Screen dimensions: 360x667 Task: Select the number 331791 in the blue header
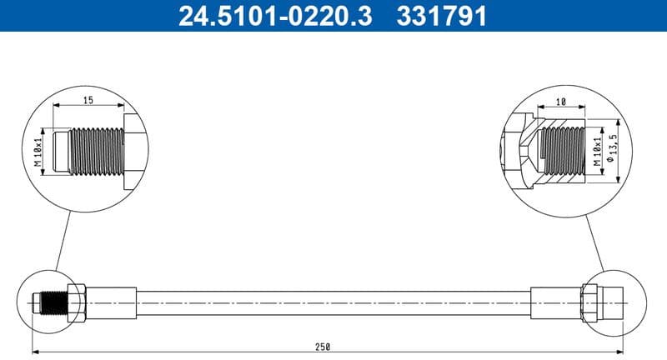pyautogui.click(x=439, y=16)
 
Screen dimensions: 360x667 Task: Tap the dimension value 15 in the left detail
pyautogui.click(x=88, y=100)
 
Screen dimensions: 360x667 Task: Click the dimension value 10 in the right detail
pyautogui.click(x=561, y=101)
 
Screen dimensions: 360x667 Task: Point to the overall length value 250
pyautogui.click(x=323, y=347)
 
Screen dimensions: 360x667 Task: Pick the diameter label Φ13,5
pyautogui.click(x=615, y=150)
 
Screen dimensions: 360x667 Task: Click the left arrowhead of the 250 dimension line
pyautogui.click(x=36, y=352)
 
